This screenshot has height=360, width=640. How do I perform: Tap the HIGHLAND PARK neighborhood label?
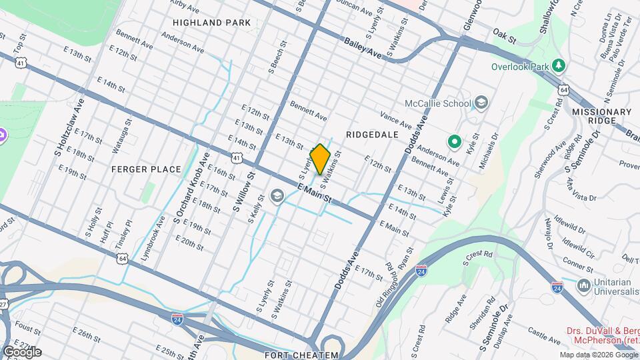(x=211, y=23)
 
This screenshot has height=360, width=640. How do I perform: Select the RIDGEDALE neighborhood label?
(x=372, y=135)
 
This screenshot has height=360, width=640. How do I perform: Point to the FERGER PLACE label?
(x=146, y=169)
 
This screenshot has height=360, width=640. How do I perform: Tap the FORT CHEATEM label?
(x=301, y=355)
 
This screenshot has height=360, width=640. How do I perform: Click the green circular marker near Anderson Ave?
(x=455, y=141)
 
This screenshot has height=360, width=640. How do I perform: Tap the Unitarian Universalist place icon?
(x=584, y=286)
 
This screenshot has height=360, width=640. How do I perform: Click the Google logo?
(x=22, y=352)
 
